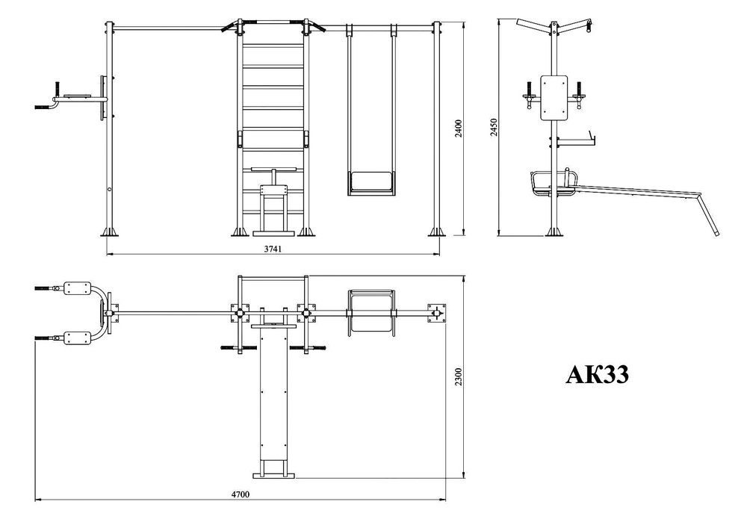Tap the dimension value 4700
point(240,494)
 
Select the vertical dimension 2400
point(459,128)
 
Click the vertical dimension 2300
point(459,376)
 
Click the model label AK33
point(598,374)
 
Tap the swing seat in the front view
point(371,183)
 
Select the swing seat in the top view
point(371,313)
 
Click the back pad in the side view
point(554,98)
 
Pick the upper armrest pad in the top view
point(78,288)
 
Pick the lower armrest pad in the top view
point(78,338)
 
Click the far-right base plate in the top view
point(436,313)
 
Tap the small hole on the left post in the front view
point(110,190)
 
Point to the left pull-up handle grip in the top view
point(232,348)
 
